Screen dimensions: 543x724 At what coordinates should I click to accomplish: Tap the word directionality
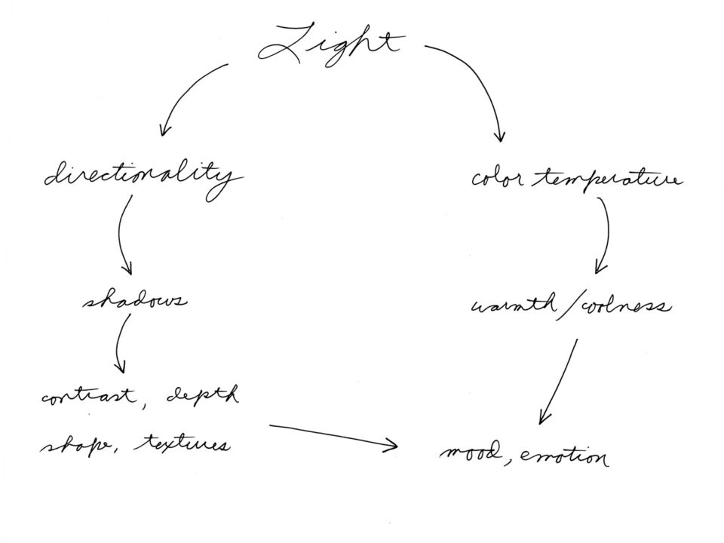pos(143,177)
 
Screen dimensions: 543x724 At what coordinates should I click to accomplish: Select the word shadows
pos(134,302)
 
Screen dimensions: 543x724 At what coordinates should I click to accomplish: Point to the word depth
pos(203,395)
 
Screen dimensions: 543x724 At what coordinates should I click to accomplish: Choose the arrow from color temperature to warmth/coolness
pos(606,234)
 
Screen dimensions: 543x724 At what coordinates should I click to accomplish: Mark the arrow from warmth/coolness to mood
pos(560,381)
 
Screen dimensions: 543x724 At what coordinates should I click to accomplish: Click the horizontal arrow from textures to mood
pos(332,436)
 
